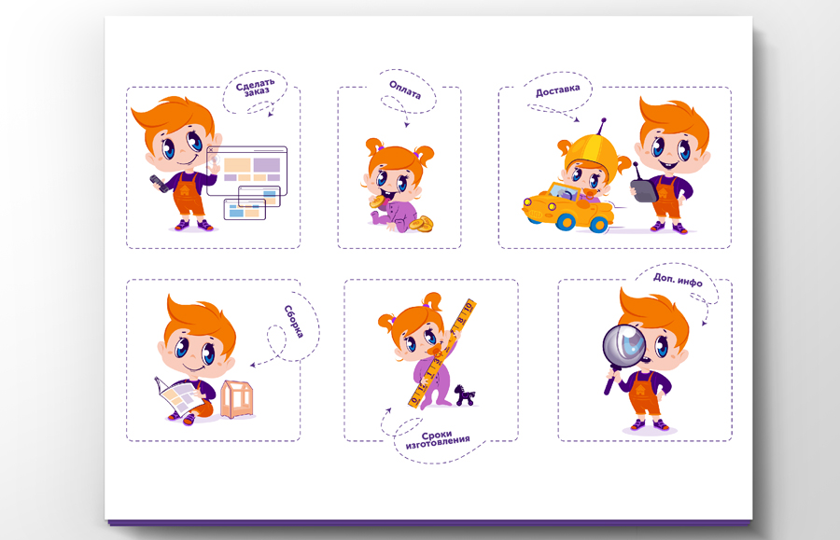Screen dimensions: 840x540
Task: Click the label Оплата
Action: [405, 90]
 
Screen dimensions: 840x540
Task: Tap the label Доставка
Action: [558, 90]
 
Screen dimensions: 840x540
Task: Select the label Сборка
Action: [294, 321]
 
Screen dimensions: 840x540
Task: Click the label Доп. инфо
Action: [678, 280]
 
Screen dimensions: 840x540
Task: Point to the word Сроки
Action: [437, 436]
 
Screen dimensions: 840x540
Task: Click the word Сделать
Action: [255, 84]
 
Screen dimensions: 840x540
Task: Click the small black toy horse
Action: [465, 395]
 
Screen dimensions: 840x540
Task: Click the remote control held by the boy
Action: [642, 187]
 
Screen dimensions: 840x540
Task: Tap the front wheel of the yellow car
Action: [598, 224]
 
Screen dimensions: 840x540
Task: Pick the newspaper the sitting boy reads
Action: [176, 396]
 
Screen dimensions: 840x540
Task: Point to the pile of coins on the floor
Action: [422, 223]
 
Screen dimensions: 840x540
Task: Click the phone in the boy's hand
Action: [159, 183]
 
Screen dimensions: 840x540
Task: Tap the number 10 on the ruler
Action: [469, 307]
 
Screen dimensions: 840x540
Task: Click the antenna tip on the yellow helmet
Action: [604, 120]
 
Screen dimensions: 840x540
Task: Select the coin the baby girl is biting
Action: [377, 201]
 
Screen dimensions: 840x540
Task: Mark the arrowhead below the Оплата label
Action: [407, 125]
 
